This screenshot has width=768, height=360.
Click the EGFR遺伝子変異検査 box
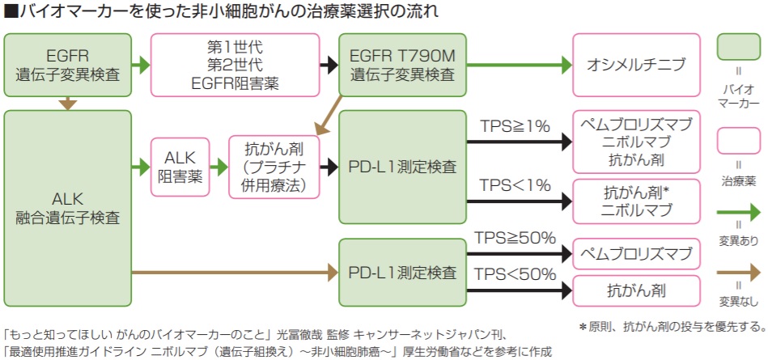[x=68, y=65]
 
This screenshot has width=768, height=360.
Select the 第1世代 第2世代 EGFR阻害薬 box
[x=235, y=65]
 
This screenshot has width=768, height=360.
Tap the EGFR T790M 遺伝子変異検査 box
[x=401, y=65]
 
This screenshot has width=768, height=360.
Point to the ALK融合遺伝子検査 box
[x=68, y=207]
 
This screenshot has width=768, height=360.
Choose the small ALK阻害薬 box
[x=179, y=167]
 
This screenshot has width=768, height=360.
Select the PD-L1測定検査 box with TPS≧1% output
[x=401, y=167]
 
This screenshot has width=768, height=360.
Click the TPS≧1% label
[x=515, y=126]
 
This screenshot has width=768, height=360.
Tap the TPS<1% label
[x=515, y=184]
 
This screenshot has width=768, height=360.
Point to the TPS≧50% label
[x=515, y=238]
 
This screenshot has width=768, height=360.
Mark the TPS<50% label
[x=515, y=273]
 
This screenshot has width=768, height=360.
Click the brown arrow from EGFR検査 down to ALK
[x=68, y=103]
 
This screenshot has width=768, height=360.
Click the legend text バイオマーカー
[x=738, y=95]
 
